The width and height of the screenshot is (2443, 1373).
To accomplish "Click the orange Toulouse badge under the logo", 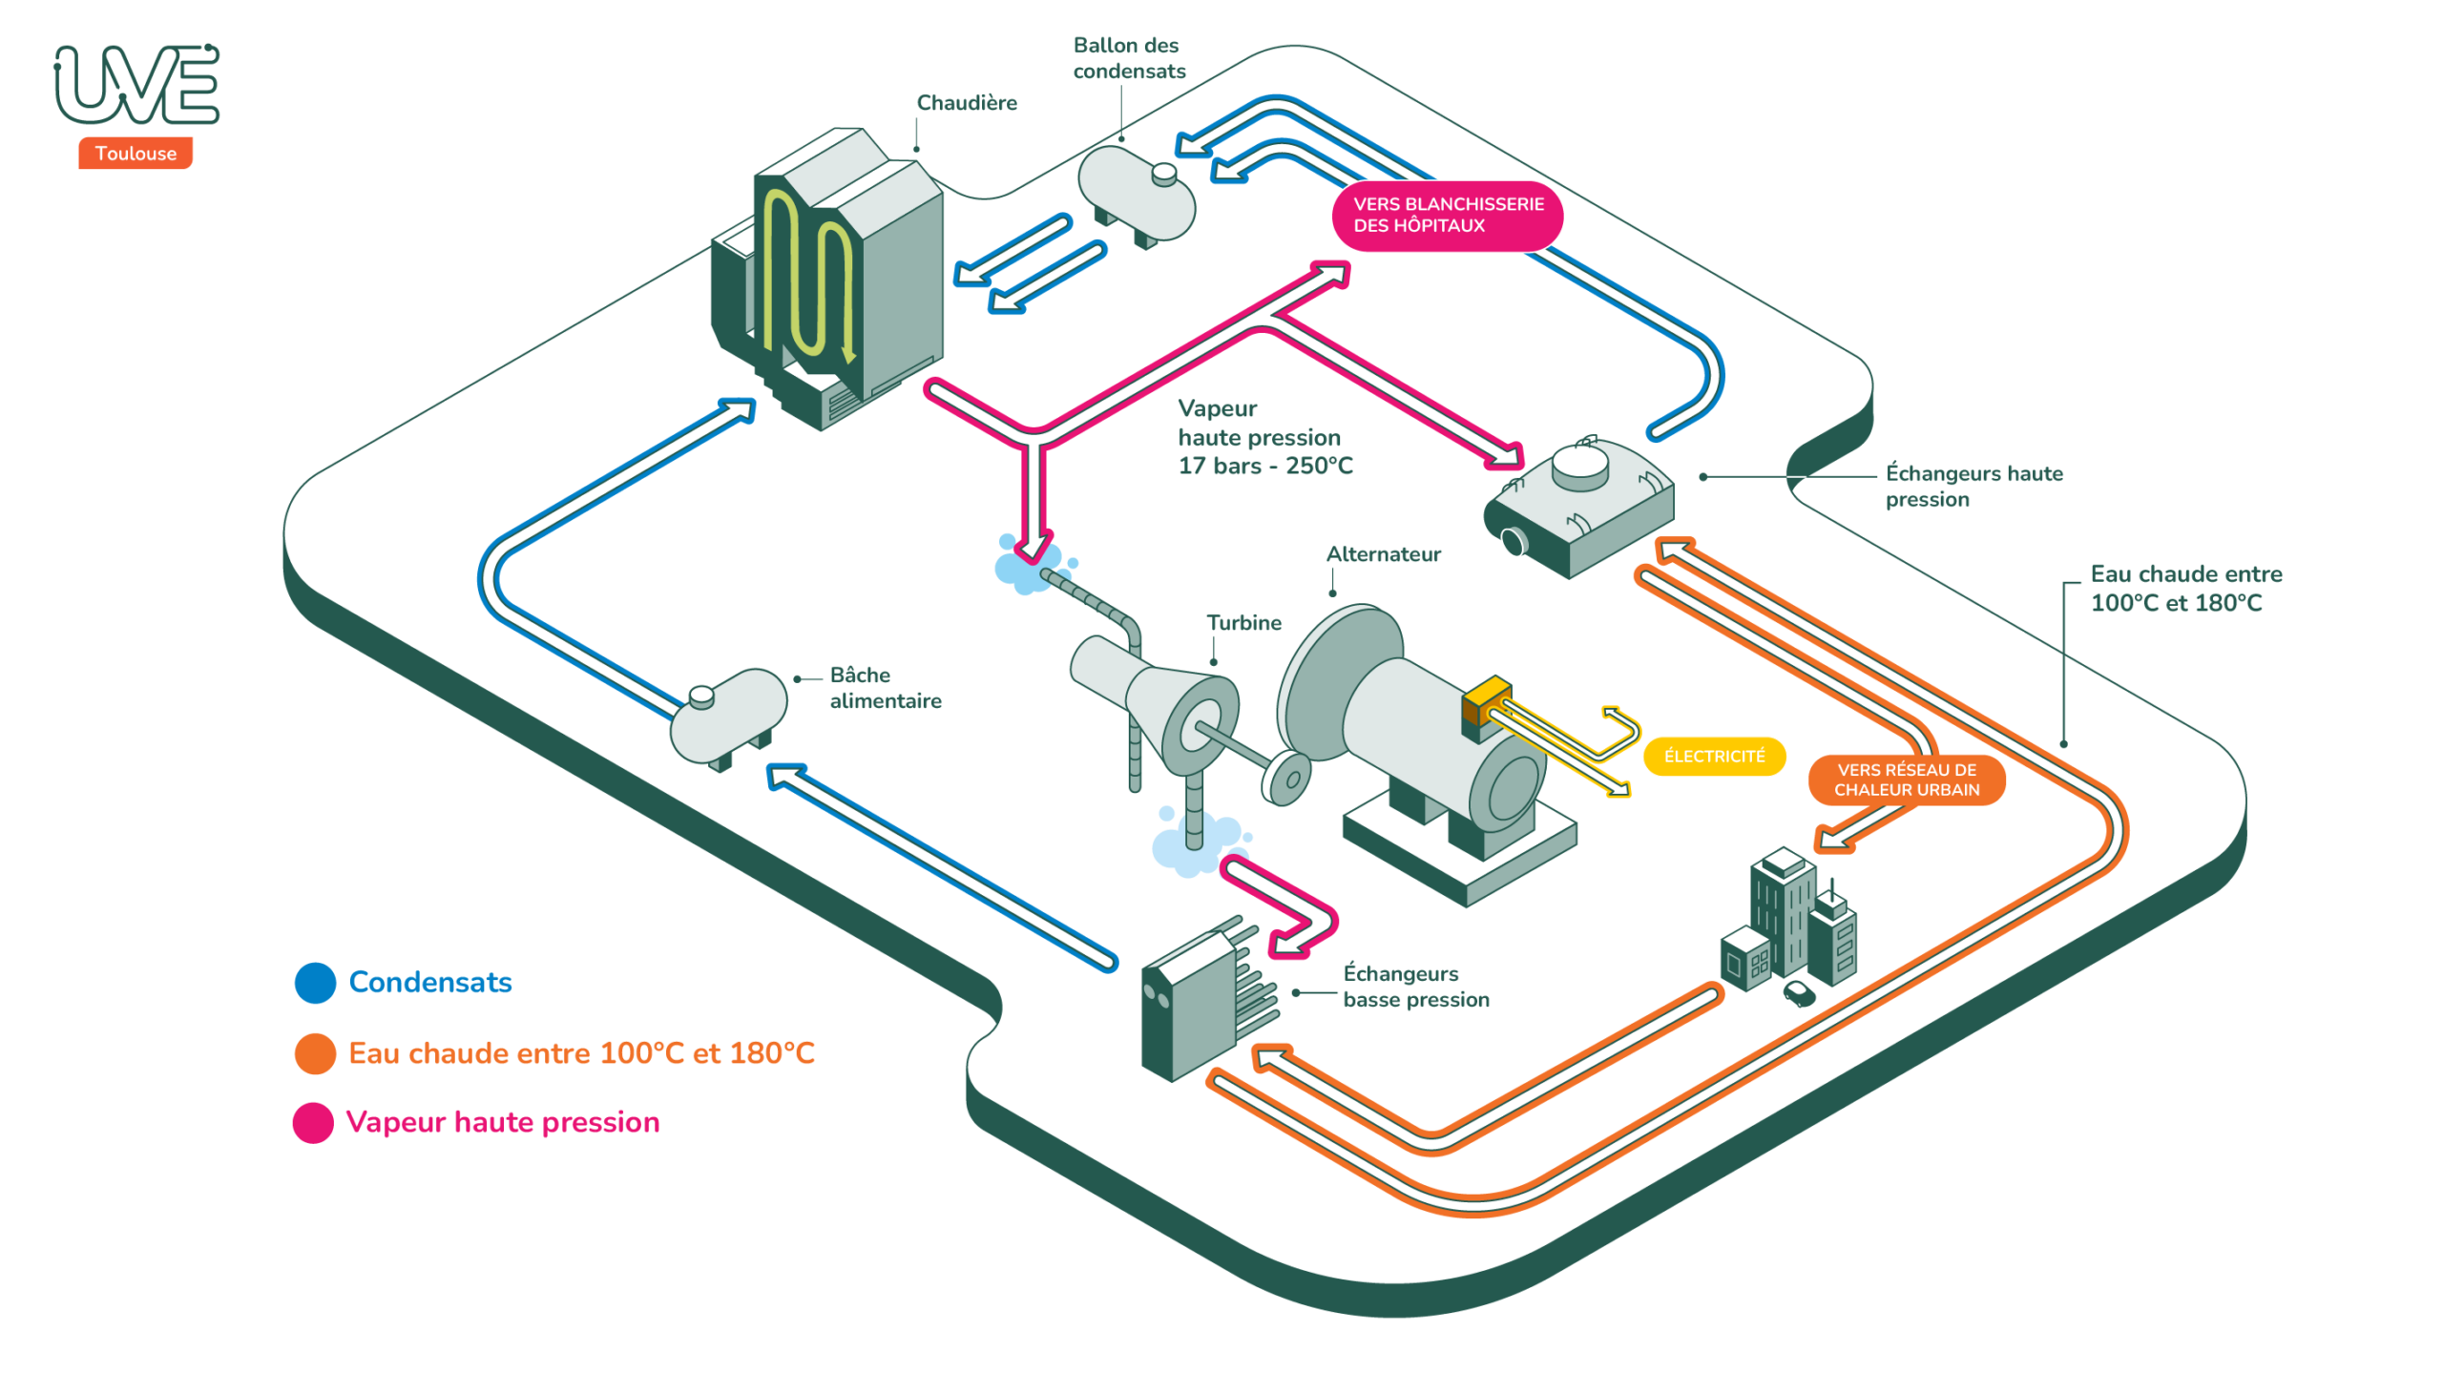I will coord(135,154).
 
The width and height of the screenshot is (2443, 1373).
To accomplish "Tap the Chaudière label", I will coord(966,103).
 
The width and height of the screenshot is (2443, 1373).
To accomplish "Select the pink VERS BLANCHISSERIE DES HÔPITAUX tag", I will coord(1446,216).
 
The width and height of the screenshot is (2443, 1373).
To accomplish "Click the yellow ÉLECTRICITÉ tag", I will coord(1713,757).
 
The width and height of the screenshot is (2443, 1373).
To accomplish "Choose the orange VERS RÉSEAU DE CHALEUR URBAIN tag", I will coord(1906,780).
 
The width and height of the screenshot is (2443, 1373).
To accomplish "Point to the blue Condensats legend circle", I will coord(315,983).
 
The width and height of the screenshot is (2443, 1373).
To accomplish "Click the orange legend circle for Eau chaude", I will coord(315,1053).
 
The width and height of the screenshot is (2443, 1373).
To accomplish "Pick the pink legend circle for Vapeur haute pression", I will coord(313,1123).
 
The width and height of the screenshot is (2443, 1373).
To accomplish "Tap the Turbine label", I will coord(1243,623).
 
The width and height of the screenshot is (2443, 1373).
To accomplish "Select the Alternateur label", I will coord(1383,554).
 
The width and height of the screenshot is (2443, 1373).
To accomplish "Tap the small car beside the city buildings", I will coord(1799,993).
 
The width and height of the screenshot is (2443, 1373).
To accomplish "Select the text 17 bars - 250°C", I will coord(1264,467).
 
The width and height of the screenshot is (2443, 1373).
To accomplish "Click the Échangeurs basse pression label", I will coord(1415,987).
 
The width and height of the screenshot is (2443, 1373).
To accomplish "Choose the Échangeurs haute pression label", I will coord(1973,487).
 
